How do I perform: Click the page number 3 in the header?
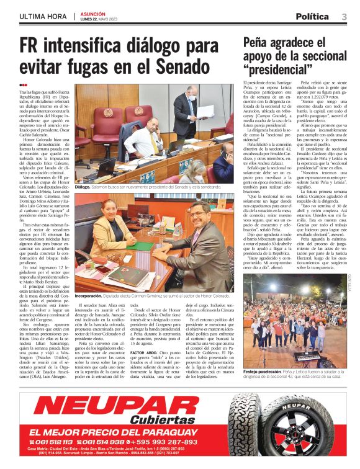tap(344, 16)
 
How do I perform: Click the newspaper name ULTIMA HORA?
tap(43, 16)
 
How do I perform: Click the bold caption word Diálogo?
tap(83, 185)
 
